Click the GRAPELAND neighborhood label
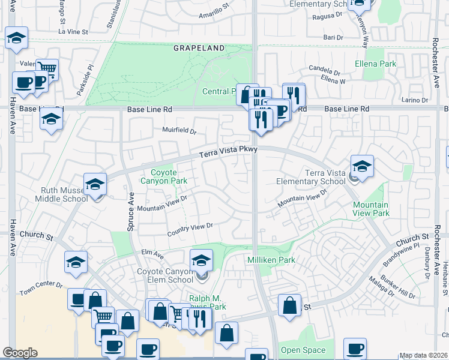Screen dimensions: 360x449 tap(199, 47)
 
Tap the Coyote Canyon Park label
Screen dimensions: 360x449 tap(164, 176)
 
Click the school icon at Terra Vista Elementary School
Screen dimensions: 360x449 tap(362, 166)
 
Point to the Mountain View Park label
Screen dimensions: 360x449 tap(370, 209)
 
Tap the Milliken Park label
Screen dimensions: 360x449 tap(271, 259)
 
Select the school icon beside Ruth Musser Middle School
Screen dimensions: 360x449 tap(95, 185)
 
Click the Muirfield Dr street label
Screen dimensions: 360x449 tap(179, 130)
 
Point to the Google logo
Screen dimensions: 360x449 tap(20, 353)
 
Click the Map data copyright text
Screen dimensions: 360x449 tap(423, 355)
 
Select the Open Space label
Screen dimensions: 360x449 tap(304, 350)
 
